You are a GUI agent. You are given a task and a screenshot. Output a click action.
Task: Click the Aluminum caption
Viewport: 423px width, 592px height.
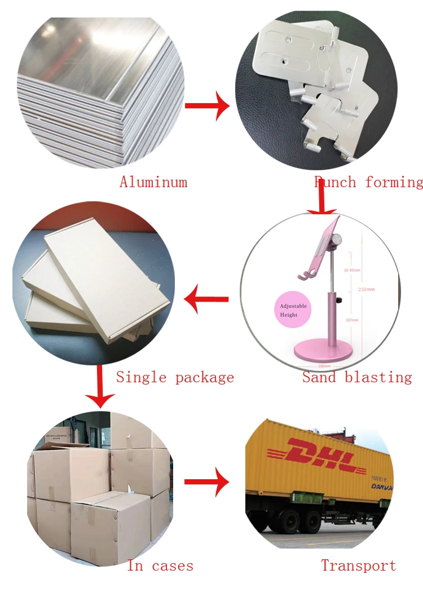(153, 182)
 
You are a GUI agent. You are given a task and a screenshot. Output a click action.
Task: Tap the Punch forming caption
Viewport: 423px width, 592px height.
(368, 182)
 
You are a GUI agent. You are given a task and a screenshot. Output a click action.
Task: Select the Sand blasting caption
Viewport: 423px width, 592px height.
(357, 377)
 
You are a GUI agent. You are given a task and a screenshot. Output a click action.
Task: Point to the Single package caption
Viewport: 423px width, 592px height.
(175, 377)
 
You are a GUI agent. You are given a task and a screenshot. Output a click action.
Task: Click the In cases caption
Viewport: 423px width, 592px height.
(160, 566)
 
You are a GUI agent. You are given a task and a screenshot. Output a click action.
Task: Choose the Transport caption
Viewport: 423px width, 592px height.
(358, 566)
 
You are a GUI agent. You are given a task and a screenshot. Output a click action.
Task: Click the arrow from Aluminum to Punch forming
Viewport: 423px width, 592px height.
(207, 105)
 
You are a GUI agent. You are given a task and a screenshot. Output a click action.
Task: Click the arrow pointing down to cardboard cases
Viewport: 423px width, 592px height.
(100, 387)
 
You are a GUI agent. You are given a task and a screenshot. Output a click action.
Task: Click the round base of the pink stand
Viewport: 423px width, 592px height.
(324, 352)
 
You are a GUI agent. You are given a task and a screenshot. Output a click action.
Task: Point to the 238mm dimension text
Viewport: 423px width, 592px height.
(367, 289)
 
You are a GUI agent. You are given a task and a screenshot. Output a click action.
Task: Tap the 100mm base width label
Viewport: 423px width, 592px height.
(324, 366)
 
